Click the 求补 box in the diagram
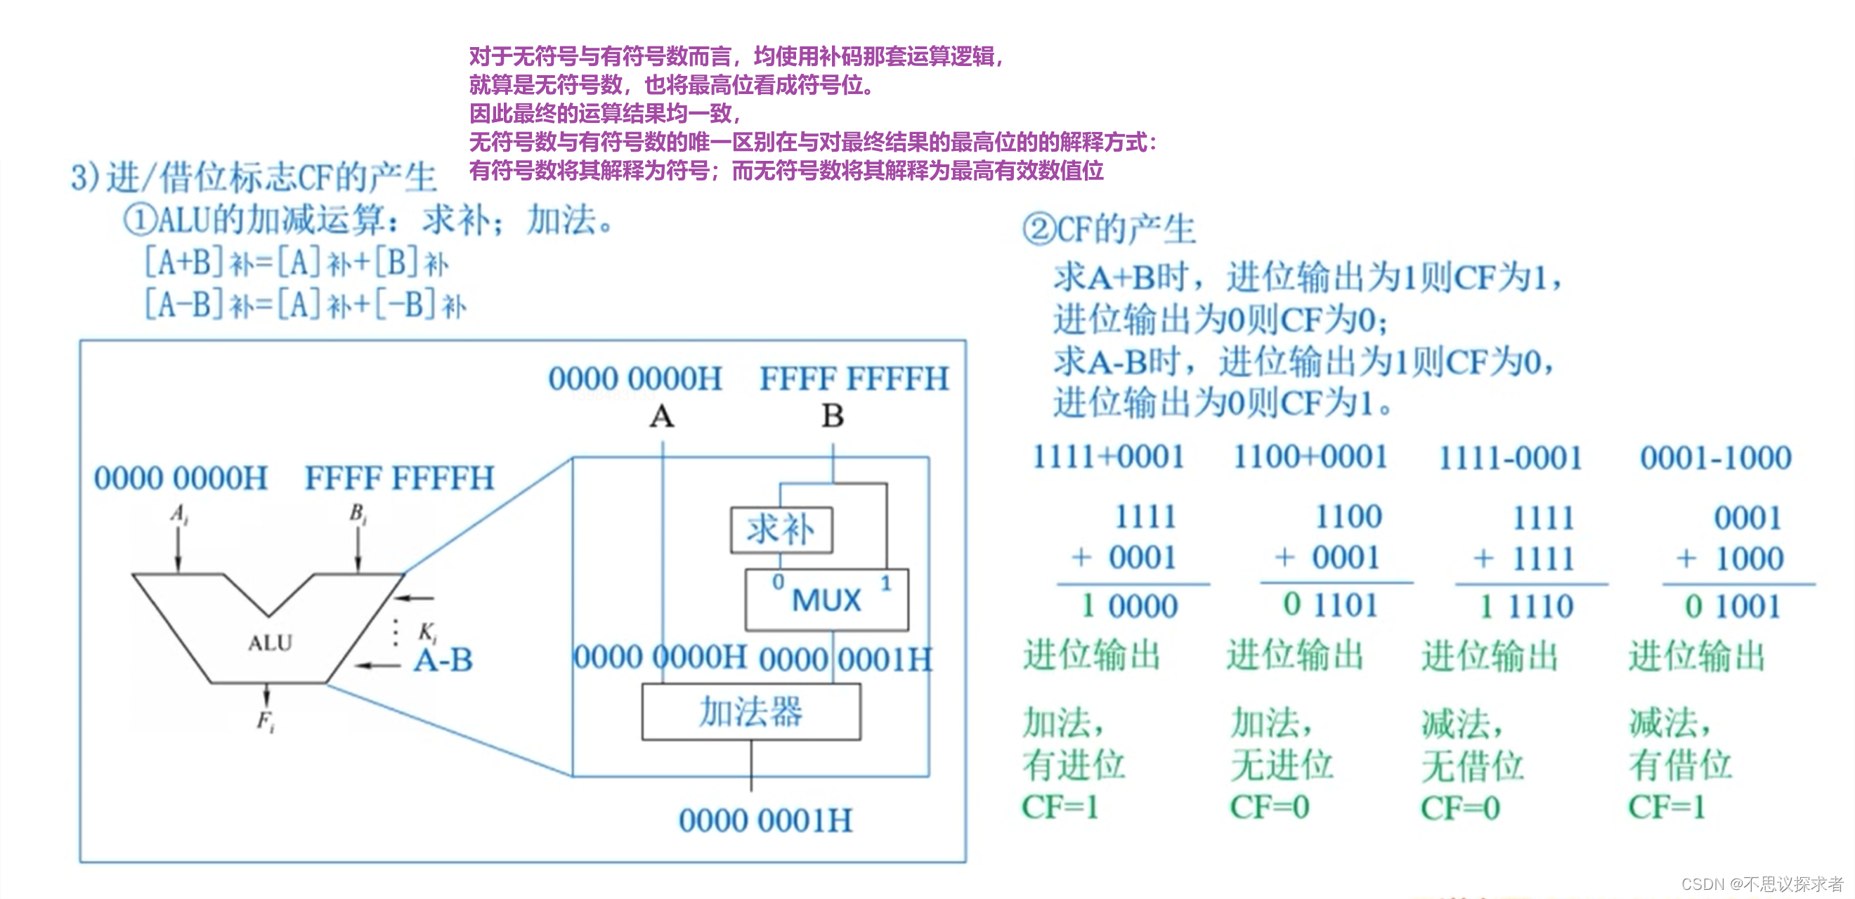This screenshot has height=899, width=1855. [x=781, y=530]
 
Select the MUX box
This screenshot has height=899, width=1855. [x=827, y=600]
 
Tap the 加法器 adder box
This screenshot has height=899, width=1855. [x=750, y=711]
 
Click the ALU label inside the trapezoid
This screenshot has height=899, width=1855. [x=270, y=643]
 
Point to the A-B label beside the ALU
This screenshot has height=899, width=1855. [x=443, y=660]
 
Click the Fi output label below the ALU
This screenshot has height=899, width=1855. [x=266, y=721]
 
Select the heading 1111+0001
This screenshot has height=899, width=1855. [x=1108, y=457]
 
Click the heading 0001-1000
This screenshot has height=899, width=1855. [x=1715, y=458]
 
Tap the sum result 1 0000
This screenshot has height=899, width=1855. [x=1129, y=606]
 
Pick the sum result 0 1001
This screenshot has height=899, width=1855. [x=1732, y=606]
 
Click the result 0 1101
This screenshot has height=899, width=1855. [x=1330, y=605]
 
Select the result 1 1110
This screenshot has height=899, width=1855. [x=1526, y=607]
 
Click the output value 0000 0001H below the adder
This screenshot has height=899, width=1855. [x=764, y=820]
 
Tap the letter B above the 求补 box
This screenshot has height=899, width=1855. [x=833, y=416]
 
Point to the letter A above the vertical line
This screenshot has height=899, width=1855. [x=662, y=416]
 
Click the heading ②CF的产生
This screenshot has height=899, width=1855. [x=1108, y=230]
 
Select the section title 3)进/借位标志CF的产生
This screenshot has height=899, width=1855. [x=254, y=177]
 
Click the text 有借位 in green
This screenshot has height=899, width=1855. [x=1679, y=764]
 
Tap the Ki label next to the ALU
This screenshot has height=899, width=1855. [x=427, y=633]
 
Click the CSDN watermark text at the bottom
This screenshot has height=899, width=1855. [x=1762, y=884]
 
